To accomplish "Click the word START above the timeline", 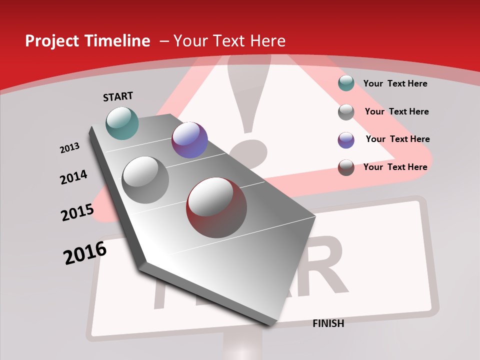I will click(118, 96).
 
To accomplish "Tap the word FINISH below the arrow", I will click(328, 323).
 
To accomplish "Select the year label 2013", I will click(69, 148).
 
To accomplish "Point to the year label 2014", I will click(73, 177).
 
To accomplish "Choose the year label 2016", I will click(85, 253).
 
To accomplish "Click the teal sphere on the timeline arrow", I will click(122, 123).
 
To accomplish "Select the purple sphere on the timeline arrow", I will click(189, 140).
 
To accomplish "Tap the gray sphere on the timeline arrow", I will click(145, 179).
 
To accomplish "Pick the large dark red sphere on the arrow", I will click(216, 207).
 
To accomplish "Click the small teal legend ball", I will click(346, 83).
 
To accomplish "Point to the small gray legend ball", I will click(346, 112).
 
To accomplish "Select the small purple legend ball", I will click(346, 140).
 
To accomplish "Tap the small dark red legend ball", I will click(346, 167).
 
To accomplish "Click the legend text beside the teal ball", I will click(395, 83).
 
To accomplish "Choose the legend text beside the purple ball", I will click(397, 139).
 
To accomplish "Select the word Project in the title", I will click(51, 41).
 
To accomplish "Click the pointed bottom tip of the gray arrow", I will click(272, 324).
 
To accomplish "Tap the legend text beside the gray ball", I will click(396, 111).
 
